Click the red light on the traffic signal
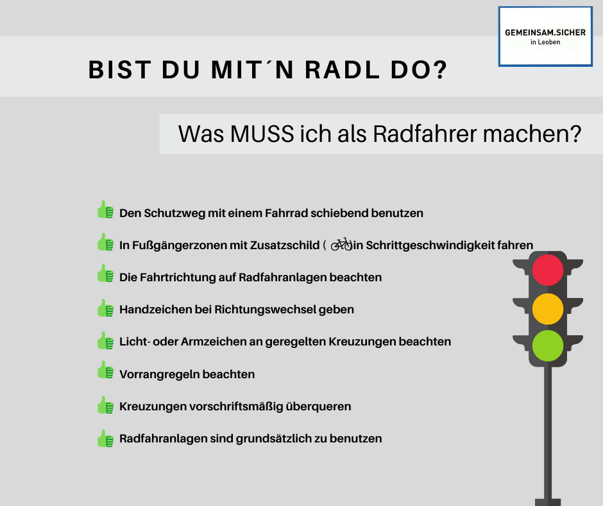[548, 270]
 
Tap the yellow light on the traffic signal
[548, 309]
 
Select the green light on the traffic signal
[548, 345]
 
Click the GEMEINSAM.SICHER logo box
[545, 37]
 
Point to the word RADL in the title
[343, 70]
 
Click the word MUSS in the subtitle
[262, 134]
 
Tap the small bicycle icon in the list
[341, 244]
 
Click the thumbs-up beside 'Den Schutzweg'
[105, 210]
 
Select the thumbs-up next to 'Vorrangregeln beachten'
[105, 370]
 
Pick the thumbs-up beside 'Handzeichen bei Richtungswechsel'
[105, 308]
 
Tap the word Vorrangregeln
[159, 374]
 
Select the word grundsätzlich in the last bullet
[273, 439]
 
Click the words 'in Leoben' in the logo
[545, 42]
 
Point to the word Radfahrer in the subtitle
[425, 134]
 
